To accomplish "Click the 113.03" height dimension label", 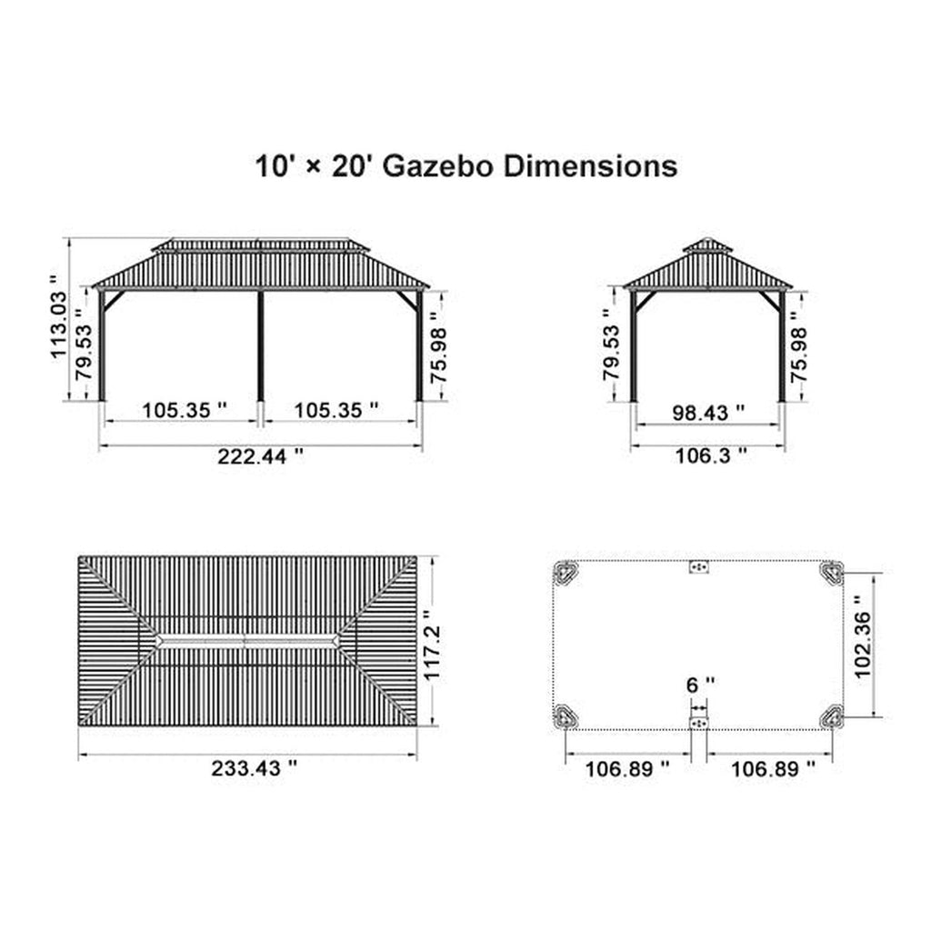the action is [x=58, y=317].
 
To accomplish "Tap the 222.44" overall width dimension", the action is [x=260, y=456].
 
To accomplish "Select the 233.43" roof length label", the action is [x=255, y=768].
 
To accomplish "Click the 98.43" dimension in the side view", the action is [x=708, y=413].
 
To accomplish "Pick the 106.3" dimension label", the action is [x=711, y=456].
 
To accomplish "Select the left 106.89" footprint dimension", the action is [x=627, y=769].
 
